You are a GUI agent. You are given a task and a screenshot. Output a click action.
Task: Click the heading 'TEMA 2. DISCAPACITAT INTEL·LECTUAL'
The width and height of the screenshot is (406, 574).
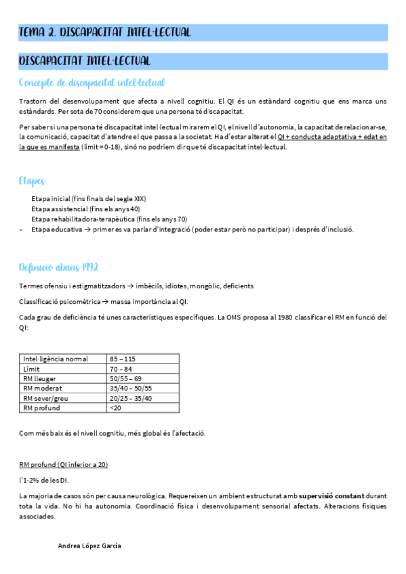click(x=105, y=32)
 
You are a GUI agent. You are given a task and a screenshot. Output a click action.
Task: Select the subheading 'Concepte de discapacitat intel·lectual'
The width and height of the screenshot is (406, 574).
click(x=92, y=83)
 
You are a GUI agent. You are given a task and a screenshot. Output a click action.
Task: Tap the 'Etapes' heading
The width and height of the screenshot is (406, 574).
click(x=32, y=181)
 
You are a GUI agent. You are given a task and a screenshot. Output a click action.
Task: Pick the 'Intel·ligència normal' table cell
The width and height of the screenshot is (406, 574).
click(x=56, y=359)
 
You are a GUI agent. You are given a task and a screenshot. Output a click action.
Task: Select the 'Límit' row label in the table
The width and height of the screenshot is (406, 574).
click(x=33, y=369)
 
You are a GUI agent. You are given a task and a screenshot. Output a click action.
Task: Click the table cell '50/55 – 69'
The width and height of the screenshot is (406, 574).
click(x=125, y=379)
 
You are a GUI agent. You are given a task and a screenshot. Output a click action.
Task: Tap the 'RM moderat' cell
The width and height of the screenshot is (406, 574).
click(x=42, y=389)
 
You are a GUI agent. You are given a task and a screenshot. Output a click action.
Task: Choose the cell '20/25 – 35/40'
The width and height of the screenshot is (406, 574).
click(x=130, y=399)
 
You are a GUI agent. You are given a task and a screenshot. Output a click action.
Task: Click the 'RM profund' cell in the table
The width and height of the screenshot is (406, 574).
click(x=41, y=408)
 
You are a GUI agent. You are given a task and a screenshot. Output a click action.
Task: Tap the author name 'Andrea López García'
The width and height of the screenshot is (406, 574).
click(x=90, y=546)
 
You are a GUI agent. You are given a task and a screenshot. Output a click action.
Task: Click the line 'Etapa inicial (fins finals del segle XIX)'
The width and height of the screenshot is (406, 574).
click(x=89, y=199)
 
